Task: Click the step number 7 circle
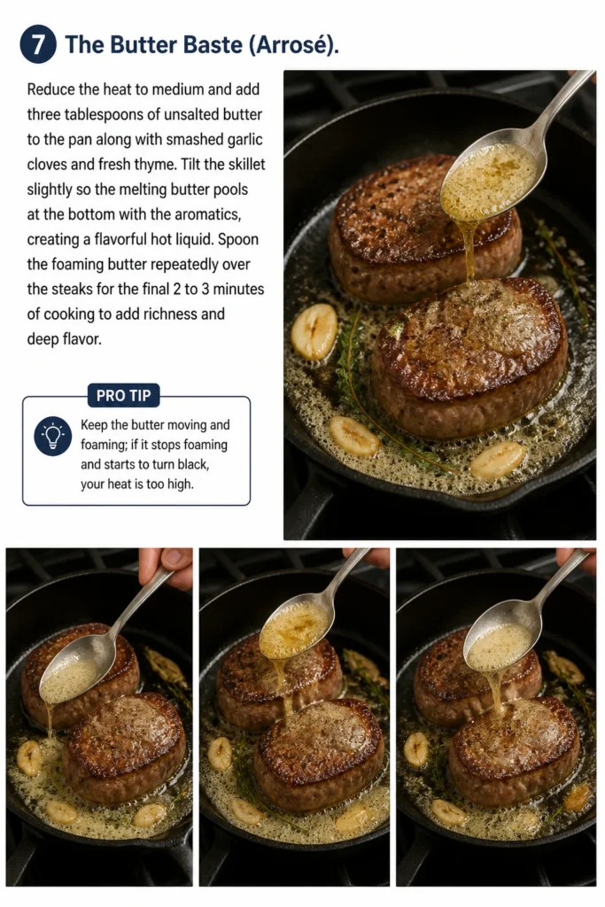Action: [x=38, y=44]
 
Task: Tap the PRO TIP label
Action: [x=123, y=396]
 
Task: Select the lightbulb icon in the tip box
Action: [x=52, y=436]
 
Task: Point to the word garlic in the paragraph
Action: [x=244, y=139]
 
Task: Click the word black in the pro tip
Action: [x=190, y=464]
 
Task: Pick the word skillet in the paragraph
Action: [x=244, y=164]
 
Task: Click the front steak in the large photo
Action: [x=469, y=359]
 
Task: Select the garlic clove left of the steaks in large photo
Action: [x=314, y=331]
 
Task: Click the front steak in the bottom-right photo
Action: [x=514, y=752]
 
